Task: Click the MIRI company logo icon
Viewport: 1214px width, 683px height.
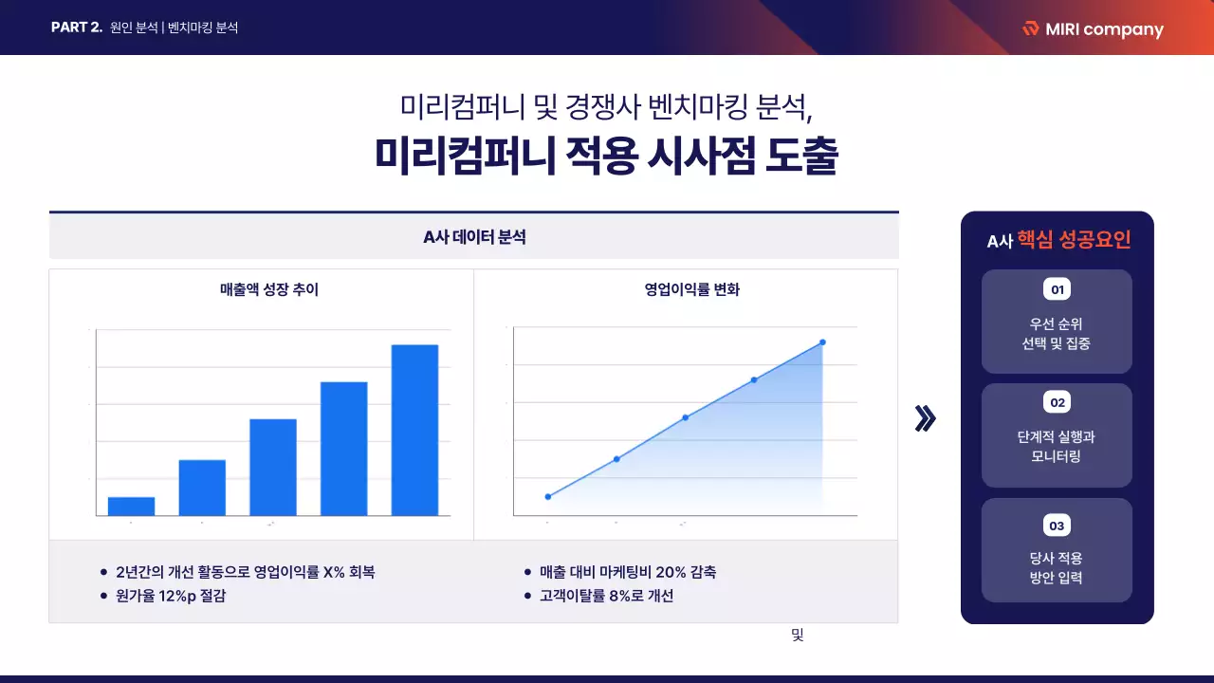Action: click(x=1030, y=28)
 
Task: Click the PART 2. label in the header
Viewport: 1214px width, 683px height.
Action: click(x=77, y=28)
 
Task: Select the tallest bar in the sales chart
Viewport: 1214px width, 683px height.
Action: click(x=414, y=430)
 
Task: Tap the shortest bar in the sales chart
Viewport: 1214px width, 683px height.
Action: click(x=132, y=506)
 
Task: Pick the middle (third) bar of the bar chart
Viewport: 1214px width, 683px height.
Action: click(x=273, y=467)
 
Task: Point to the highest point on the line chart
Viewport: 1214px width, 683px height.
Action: click(x=822, y=342)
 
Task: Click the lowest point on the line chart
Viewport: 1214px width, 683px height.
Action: click(x=547, y=496)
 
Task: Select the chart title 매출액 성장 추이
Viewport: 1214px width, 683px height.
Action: click(x=269, y=290)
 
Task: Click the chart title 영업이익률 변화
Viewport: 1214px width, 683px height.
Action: click(x=691, y=290)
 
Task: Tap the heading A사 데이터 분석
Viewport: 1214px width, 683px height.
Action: click(x=474, y=237)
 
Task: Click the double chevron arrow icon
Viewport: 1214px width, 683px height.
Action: click(x=925, y=418)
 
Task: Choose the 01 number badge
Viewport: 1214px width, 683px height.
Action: click(x=1057, y=288)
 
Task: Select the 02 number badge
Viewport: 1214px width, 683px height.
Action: click(x=1057, y=403)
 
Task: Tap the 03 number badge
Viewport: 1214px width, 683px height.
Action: click(x=1057, y=526)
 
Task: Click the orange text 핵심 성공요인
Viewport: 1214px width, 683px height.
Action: click(x=1074, y=240)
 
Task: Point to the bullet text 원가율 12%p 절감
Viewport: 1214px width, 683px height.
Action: click(x=171, y=596)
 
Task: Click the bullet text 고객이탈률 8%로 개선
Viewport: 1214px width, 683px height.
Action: click(x=606, y=596)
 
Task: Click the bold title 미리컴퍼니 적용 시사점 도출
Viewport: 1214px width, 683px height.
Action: click(x=606, y=157)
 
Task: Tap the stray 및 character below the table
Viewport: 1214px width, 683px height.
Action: click(x=797, y=636)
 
